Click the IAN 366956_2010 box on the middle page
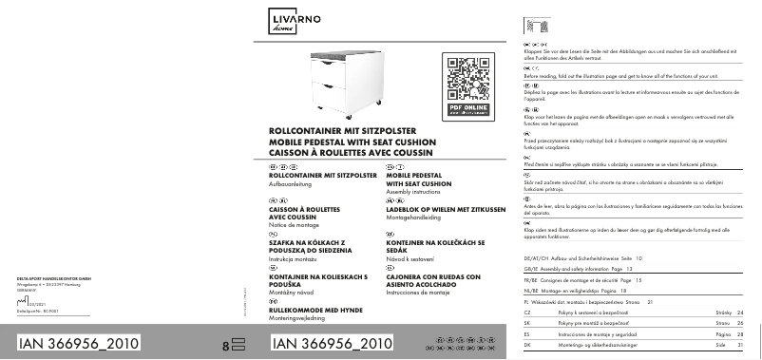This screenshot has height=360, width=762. coord(332,343)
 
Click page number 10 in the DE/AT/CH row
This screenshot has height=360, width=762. coord(638,258)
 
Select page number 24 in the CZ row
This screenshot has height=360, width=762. coord(740,312)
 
